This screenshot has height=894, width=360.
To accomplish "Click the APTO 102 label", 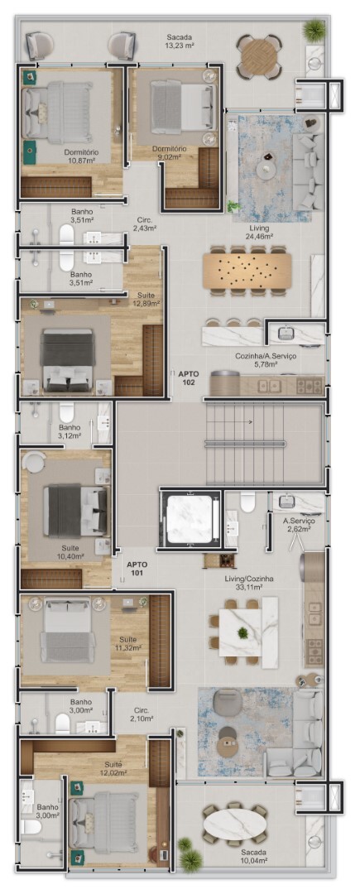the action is (x=187, y=378).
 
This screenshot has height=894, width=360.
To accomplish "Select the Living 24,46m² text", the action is (x=259, y=232).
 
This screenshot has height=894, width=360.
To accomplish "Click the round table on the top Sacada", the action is (x=259, y=56).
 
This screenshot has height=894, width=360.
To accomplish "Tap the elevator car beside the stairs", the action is (x=189, y=519).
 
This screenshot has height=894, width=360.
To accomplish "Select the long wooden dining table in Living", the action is (x=247, y=270).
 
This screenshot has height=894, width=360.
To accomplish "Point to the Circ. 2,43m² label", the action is (x=144, y=223).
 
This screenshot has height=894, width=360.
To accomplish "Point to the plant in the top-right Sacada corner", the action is (x=314, y=30).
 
